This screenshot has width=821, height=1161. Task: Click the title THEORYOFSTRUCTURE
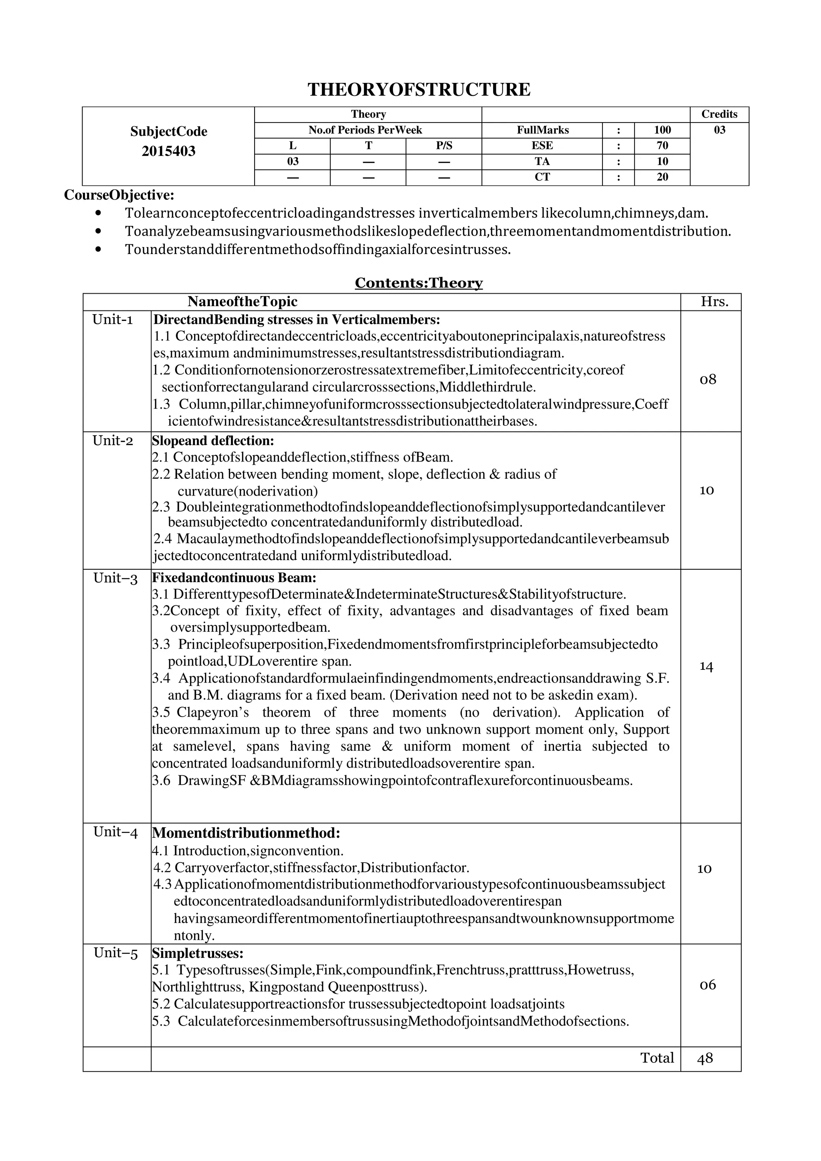pos(419,89)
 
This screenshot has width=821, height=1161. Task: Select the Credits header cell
pos(719,114)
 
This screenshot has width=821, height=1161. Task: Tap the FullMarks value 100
pos(662,130)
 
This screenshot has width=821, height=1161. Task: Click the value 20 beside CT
pos(662,177)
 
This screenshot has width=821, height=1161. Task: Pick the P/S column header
pos(444,146)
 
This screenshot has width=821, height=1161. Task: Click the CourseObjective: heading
pos(119,195)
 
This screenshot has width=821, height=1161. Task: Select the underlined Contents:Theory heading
pos(419,283)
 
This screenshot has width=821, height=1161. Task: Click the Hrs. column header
pos(714,302)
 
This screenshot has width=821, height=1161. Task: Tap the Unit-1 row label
pos(112,320)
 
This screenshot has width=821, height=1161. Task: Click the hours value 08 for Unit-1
pos(708,379)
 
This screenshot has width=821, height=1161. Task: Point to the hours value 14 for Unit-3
pos(706,667)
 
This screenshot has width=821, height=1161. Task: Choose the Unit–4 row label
pos(115,832)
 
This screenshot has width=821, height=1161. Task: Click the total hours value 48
pos(705,1058)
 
